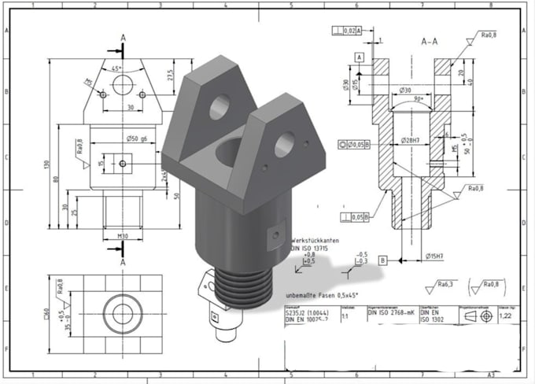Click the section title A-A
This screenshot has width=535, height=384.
click(430, 40)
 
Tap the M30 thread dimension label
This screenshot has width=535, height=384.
click(121, 235)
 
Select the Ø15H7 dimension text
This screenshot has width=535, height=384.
click(436, 256)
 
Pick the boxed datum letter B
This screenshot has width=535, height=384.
click(382, 259)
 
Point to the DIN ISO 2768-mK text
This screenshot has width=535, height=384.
click(392, 312)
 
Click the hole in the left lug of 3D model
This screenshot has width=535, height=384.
click(220, 105)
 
